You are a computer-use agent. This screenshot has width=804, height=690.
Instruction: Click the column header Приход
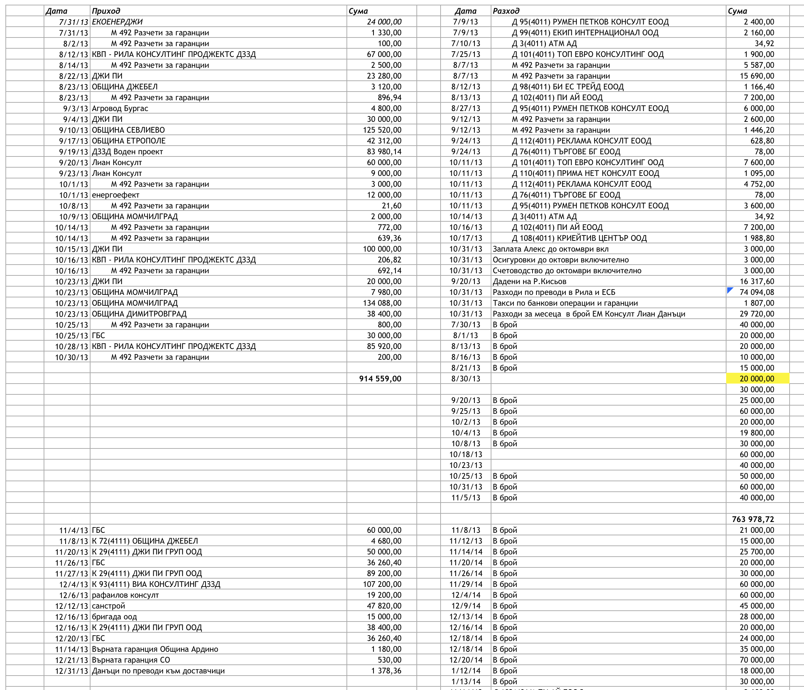pyautogui.click(x=106, y=11)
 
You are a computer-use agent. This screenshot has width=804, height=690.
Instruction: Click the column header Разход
pyautogui.click(x=506, y=11)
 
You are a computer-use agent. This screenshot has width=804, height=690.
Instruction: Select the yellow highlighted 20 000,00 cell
pyautogui.click(x=757, y=379)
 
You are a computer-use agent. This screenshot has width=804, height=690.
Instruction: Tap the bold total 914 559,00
pyautogui.click(x=380, y=379)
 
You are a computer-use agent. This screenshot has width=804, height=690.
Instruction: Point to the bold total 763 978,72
pyautogui.click(x=753, y=519)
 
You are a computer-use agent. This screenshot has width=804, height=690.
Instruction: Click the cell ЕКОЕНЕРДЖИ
pyautogui.click(x=117, y=22)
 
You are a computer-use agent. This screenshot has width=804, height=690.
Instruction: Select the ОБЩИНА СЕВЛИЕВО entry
pyautogui.click(x=128, y=130)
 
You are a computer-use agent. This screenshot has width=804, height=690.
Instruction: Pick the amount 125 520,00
pyautogui.click(x=382, y=130)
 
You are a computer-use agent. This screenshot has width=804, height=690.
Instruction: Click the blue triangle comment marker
pyautogui.click(x=730, y=290)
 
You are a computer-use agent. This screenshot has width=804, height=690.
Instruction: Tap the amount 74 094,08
pyautogui.click(x=757, y=292)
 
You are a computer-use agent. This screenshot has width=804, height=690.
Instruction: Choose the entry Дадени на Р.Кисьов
pyautogui.click(x=529, y=281)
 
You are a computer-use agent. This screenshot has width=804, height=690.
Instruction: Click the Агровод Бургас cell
pyautogui.click(x=120, y=108)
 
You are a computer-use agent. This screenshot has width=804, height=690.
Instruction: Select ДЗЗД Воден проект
pyautogui.click(x=127, y=152)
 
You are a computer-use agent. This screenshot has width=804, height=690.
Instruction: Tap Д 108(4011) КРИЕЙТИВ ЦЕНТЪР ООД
pyautogui.click(x=579, y=238)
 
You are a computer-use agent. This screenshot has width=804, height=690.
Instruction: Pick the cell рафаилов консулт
pyautogui.click(x=125, y=595)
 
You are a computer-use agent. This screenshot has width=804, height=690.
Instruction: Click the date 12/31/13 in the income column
pyautogui.click(x=71, y=671)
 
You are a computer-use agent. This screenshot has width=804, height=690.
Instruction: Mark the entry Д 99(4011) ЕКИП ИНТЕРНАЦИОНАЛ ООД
pyautogui.click(x=585, y=32)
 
